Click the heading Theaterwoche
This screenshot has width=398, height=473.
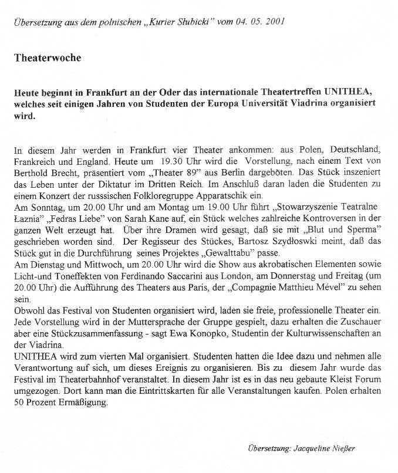(48, 58)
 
